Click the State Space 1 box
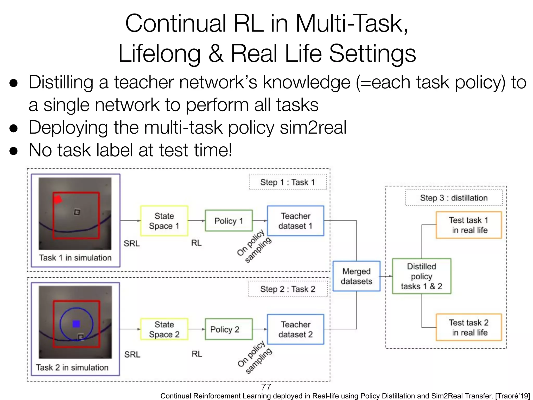click(x=164, y=221)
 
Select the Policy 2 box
click(x=229, y=329)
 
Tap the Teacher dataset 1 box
click(x=295, y=221)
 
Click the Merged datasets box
click(x=356, y=276)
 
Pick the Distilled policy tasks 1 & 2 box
click(x=421, y=276)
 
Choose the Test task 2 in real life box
click(x=469, y=327)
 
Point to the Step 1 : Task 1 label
click(x=287, y=182)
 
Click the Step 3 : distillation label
click(x=454, y=198)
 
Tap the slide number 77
click(x=266, y=387)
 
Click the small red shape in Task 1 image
click(x=58, y=199)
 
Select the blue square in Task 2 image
click(x=76, y=324)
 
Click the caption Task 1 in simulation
click(x=75, y=258)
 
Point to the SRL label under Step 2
click(x=132, y=354)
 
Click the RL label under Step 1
click(x=196, y=243)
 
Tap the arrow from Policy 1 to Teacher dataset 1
click(x=260, y=221)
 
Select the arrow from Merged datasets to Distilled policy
click(x=386, y=276)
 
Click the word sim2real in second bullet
click(x=313, y=128)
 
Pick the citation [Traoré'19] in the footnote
click(x=512, y=396)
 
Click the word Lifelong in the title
click(x=159, y=53)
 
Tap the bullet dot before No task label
click(x=13, y=151)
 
